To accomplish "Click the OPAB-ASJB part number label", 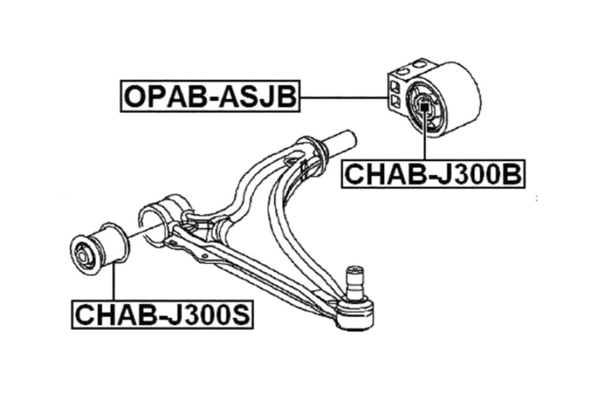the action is (210, 96).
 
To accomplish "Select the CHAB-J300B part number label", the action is (434, 174).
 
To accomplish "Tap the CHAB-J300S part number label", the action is (162, 315).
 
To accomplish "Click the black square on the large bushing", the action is (423, 107).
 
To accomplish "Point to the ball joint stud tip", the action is (354, 270).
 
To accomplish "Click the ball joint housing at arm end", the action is (355, 313).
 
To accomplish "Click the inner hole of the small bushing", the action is (83, 256).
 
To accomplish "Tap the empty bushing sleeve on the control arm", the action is (162, 220).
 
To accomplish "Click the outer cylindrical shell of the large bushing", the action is (455, 96).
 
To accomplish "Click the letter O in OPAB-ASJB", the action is (135, 96).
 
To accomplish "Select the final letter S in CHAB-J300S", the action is (240, 315).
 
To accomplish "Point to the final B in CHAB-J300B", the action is (512, 175).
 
